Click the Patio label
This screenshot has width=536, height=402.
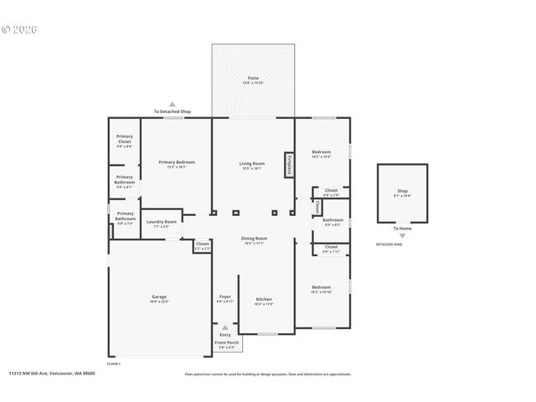pos(252,80)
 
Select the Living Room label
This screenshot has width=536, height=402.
pos(252,165)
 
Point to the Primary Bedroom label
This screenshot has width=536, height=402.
pos(176,163)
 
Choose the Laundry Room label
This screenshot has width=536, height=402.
pos(161,224)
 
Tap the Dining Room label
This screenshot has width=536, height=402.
pos(253,240)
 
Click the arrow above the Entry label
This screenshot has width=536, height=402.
pos(224,328)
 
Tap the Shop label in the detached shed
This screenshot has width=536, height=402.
pos(402,193)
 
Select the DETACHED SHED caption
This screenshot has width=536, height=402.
pos(389,245)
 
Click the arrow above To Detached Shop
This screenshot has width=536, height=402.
pos(173,104)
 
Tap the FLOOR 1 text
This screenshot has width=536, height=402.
pos(113,363)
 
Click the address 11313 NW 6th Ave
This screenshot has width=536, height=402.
pos(52,374)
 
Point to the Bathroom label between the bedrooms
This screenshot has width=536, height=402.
pos(332,222)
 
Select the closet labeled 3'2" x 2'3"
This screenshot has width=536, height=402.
pos(203,245)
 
